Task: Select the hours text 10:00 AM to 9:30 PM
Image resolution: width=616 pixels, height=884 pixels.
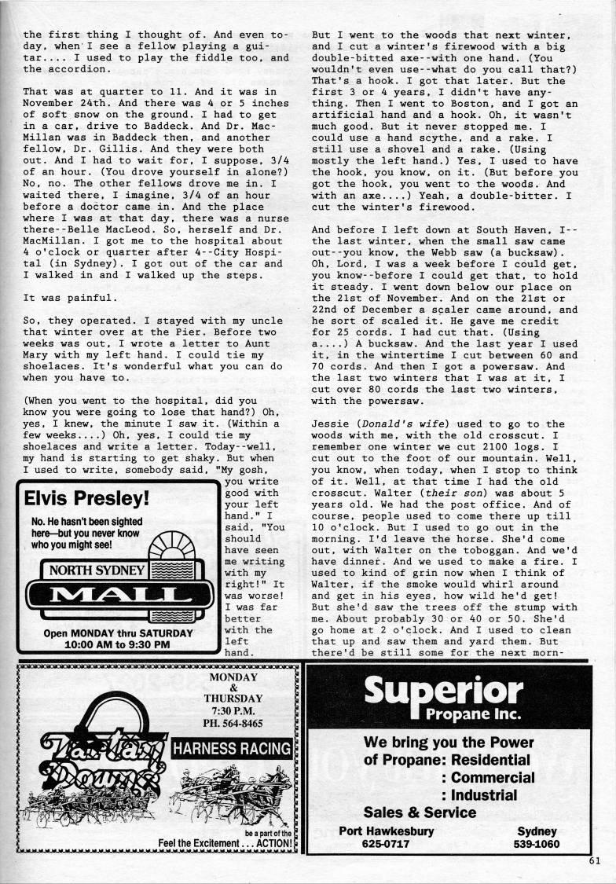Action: (x=118, y=644)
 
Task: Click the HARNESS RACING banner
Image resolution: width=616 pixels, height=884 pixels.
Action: (x=232, y=748)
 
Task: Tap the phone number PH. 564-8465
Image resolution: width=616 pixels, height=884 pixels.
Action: (x=234, y=723)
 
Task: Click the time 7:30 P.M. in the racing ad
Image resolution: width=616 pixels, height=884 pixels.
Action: (x=233, y=710)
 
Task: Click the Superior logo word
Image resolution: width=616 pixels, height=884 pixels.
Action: (x=444, y=691)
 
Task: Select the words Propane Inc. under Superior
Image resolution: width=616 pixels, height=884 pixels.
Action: (x=472, y=715)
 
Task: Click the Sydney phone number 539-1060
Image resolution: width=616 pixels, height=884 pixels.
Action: (x=537, y=843)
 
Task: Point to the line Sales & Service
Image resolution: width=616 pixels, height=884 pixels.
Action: (x=420, y=812)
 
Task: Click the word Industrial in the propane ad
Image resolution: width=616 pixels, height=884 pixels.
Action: (x=483, y=794)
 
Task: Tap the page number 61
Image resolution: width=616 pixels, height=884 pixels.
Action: (x=593, y=860)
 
